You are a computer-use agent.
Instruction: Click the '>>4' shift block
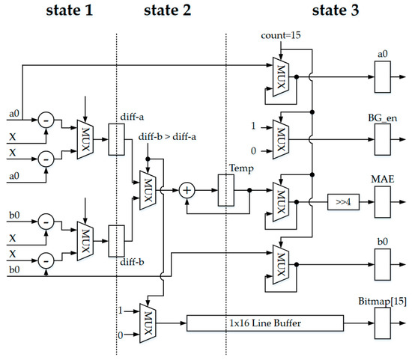[345, 202]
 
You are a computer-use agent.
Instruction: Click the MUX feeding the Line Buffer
[146, 323]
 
